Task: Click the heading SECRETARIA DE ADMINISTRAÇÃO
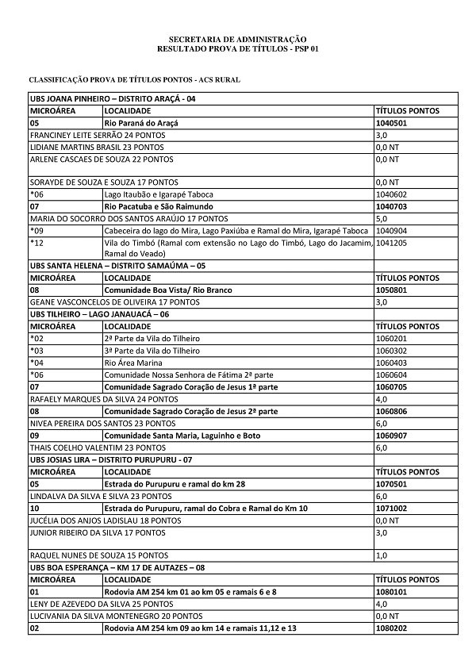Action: coord(237,39)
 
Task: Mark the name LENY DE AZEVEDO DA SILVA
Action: coord(88,604)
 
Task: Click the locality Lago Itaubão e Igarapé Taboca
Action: coord(155,194)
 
